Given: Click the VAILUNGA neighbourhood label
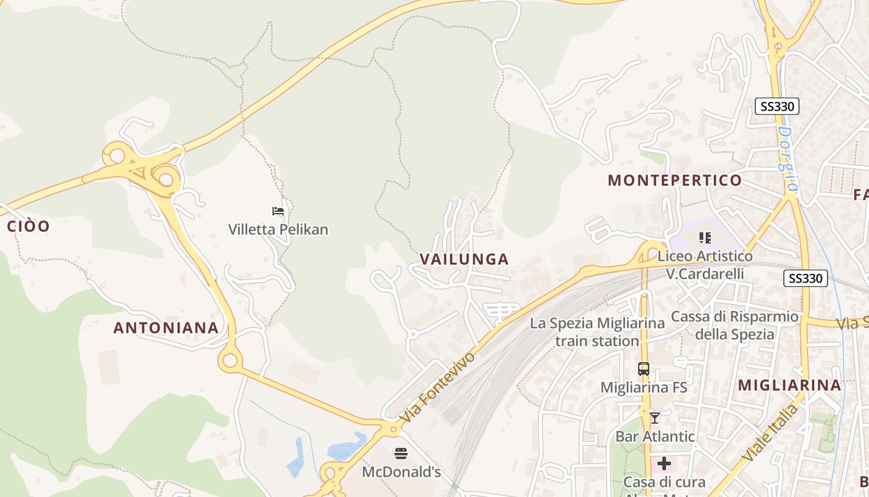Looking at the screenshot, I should click(464, 259).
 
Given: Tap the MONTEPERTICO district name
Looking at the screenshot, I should click(674, 180).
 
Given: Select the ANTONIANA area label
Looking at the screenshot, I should click(166, 328).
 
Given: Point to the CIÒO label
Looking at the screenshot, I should click(28, 226).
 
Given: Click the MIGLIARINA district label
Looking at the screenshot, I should click(789, 385).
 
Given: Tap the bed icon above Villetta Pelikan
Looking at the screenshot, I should click(278, 212).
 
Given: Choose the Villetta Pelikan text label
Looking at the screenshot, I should click(278, 229).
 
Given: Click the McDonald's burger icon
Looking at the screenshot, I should click(401, 454).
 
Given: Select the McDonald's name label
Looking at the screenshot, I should click(401, 472).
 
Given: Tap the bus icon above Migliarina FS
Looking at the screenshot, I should click(644, 369).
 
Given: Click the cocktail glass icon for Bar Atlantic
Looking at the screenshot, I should click(654, 417).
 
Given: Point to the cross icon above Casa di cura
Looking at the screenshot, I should click(664, 463).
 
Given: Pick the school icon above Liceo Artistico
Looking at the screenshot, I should click(705, 237).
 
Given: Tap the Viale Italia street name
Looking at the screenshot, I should click(770, 434).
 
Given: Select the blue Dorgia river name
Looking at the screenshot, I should click(787, 159).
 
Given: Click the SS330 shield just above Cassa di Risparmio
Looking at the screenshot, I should click(805, 278).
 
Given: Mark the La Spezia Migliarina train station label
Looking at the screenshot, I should click(597, 332).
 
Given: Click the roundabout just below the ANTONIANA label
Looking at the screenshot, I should click(230, 359).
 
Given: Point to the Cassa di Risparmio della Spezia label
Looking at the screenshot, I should click(735, 326).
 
